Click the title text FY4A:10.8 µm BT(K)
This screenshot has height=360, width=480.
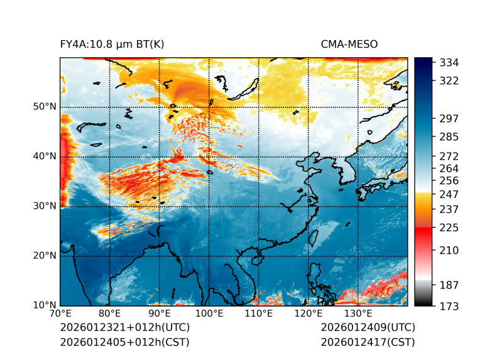[112, 44]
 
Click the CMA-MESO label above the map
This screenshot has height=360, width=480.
[349, 44]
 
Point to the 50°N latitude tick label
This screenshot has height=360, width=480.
[45, 107]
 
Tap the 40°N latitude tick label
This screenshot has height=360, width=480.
[45, 156]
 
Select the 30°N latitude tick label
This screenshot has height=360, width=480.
[45, 206]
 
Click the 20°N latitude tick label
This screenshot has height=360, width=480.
[45, 256]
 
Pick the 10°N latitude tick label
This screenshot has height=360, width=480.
[45, 305]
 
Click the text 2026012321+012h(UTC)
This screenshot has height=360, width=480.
[124, 328]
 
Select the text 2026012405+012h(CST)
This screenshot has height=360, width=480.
[124, 342]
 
